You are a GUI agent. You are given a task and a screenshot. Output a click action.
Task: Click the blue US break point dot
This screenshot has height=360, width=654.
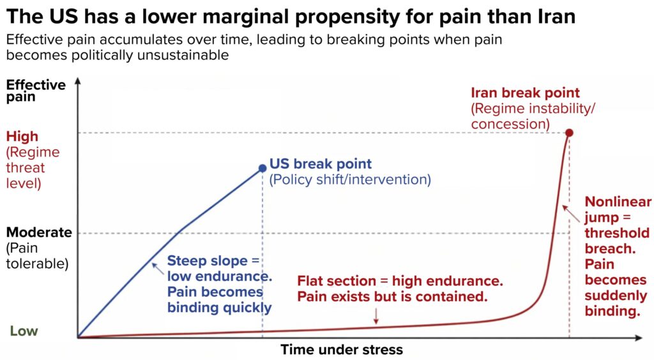click(262, 168)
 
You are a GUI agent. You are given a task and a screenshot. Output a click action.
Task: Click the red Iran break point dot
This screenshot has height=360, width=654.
click(569, 133)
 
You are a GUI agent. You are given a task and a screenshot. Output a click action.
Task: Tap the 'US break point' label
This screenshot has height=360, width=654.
click(321, 164)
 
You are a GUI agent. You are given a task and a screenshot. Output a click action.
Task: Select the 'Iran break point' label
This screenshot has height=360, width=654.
click(525, 93)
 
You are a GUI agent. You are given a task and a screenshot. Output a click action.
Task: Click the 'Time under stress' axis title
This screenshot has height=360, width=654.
click(342, 350)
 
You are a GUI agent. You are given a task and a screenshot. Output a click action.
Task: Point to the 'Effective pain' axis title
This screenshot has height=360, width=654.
click(36, 91)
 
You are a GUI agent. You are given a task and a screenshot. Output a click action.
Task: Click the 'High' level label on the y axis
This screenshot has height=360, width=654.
click(22, 137)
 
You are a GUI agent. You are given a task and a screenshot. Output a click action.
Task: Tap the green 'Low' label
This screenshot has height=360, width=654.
click(24, 331)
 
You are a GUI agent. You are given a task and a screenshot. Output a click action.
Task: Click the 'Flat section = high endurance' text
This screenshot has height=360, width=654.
click(400, 281)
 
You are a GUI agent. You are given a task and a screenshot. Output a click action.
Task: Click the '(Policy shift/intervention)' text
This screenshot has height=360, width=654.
click(350, 180)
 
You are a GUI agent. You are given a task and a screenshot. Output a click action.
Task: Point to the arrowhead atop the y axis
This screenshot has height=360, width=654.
click(77, 82)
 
